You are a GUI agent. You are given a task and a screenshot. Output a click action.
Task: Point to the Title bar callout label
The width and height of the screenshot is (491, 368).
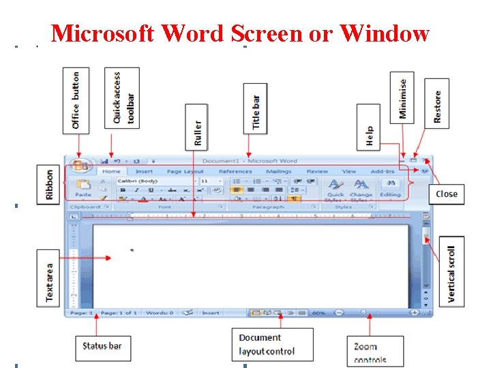pos(256,111)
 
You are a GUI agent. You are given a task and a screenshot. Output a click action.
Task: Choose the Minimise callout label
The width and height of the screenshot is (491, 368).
pos(402,97)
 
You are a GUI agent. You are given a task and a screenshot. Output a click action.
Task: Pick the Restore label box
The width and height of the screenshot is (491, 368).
pos(436,100)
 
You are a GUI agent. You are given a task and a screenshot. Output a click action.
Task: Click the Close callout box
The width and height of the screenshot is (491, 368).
pos(446,194)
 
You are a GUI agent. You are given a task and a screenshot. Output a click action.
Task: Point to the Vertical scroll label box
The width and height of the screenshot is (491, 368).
pos(451,271)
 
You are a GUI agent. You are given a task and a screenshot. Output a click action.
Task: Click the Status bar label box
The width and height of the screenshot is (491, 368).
pos(102,346)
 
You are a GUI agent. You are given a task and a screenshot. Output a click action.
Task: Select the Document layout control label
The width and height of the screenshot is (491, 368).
pos(272,345)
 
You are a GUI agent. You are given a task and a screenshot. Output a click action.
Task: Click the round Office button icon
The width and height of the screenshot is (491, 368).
pos(80,166)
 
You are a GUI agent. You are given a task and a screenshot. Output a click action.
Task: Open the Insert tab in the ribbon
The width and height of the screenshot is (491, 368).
pos(144,172)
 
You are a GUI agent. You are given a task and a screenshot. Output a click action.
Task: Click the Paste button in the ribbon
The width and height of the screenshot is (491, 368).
pos(83,188)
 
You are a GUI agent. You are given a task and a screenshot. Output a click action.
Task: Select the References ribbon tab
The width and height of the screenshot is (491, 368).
pos(235,172)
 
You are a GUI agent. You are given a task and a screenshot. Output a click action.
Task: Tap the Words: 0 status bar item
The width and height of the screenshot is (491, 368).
pos(158,313)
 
